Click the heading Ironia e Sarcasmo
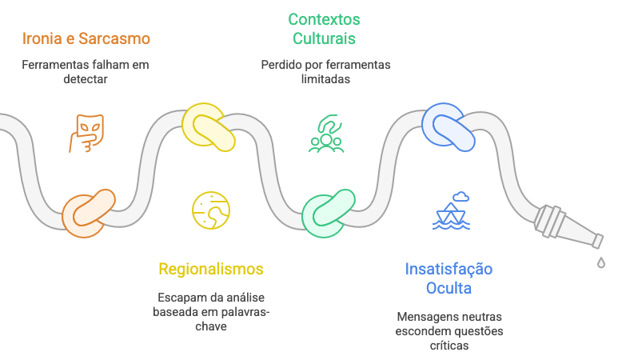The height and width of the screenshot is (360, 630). [x=86, y=38]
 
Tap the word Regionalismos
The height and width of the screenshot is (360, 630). [x=210, y=269]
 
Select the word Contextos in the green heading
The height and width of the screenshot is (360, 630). [x=324, y=19]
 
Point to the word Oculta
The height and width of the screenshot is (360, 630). [x=449, y=287]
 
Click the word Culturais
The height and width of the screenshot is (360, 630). [x=324, y=38]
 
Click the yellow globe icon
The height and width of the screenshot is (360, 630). [x=211, y=210]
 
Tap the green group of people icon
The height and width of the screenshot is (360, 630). [x=326, y=134]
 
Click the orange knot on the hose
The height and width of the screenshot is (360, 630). [x=88, y=213]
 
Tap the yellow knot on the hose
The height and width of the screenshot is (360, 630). [x=209, y=127]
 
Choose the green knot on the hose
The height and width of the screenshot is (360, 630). [x=329, y=212]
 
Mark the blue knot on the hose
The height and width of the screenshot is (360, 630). [x=449, y=126]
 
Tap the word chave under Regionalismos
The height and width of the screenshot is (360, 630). [x=210, y=326]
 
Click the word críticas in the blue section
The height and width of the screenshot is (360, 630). [x=449, y=346]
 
